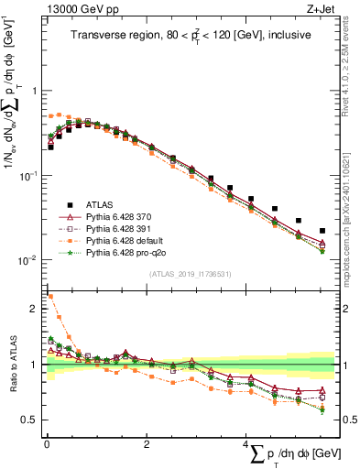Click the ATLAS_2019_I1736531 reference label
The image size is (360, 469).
(x=190, y=274)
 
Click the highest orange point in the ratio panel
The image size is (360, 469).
(x=50, y=297)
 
